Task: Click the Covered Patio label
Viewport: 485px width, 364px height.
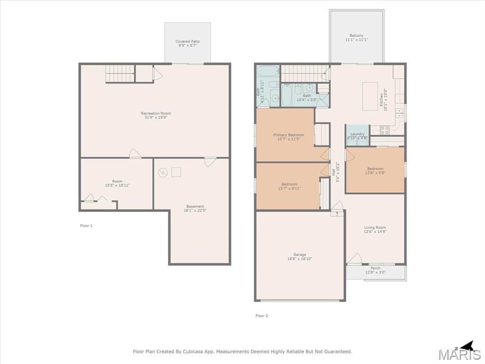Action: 188,41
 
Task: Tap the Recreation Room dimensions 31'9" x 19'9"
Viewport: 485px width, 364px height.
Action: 156,118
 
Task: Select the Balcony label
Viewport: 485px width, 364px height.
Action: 357,36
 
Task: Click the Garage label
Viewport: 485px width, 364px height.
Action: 300,255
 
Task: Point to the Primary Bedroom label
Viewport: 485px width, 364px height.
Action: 288,135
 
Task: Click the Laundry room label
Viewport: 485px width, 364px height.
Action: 357,134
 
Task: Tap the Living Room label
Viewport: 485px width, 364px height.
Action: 375,227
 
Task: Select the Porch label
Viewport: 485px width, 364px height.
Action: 376,268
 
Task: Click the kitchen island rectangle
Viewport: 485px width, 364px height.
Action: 370,96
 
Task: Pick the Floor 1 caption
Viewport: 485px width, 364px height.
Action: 86,226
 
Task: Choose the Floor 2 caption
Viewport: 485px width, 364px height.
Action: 261,316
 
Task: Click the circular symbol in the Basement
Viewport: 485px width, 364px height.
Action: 163,173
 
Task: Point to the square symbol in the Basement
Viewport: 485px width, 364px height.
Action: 176,172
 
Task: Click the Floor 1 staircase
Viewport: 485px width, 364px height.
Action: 120,73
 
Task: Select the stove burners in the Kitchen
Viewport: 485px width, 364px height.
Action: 385,130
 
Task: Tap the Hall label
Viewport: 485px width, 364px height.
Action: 334,172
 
